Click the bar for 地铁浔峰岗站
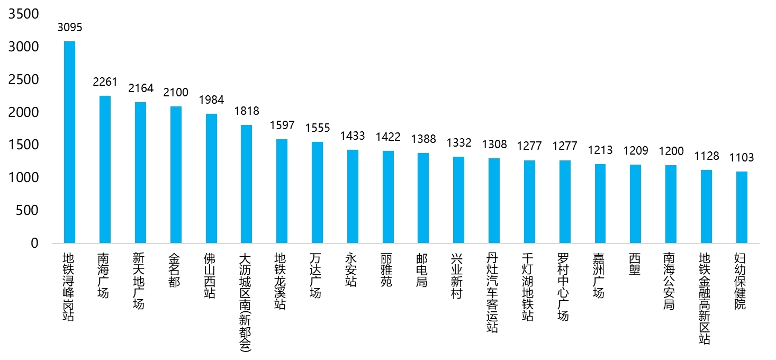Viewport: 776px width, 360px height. coord(70,142)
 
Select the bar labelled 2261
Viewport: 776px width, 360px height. coord(105,169)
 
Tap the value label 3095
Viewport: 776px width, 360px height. coord(70,27)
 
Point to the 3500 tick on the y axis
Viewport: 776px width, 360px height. coord(24,14)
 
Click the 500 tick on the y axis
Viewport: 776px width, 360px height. coord(28,210)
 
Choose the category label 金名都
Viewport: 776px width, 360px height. coord(174,270)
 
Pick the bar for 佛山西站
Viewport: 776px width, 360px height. coord(211,178)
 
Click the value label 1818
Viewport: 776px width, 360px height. coord(247,111)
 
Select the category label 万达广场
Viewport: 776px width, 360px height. coord(315,276)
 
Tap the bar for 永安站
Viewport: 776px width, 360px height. coord(353,196)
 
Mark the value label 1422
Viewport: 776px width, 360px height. coord(388,137)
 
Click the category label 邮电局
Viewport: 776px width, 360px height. coord(421,270)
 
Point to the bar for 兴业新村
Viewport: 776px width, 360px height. coord(459,200)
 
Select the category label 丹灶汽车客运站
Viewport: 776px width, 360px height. coord(492,293)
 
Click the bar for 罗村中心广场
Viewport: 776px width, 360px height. coord(565,202)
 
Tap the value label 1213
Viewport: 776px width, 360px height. coord(600,150)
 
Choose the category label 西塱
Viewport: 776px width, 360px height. coord(634,264)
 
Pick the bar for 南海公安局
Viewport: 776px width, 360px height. coord(671,204)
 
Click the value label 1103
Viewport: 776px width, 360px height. coord(742,158)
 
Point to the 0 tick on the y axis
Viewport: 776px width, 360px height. coord(34,243)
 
